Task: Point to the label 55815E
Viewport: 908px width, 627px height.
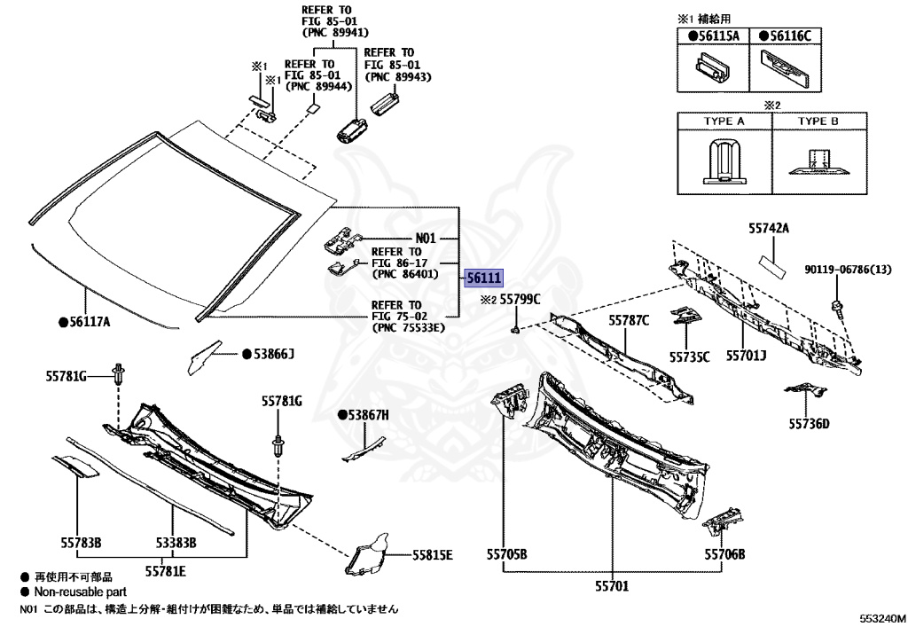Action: [x=432, y=555]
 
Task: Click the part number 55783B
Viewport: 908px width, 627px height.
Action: [x=81, y=542]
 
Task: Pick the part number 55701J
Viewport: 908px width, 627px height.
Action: [x=747, y=356]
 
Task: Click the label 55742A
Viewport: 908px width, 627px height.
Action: [x=766, y=229]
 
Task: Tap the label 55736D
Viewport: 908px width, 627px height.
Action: [x=810, y=424]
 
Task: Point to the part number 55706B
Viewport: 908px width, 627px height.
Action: [x=724, y=554]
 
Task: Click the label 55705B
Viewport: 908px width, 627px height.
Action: [x=506, y=554]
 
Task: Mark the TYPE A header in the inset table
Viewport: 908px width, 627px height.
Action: [x=724, y=121]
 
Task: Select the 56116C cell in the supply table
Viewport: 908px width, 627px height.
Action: [x=790, y=35]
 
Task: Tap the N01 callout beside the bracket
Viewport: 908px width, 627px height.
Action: [x=427, y=239]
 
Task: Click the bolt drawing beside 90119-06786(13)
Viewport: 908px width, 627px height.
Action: [x=836, y=307]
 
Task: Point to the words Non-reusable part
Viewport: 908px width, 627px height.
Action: [x=80, y=592]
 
